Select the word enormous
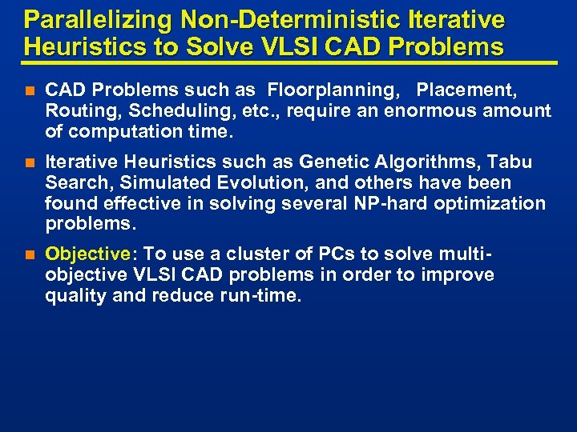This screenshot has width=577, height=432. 432,111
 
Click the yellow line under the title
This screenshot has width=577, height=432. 288,62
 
